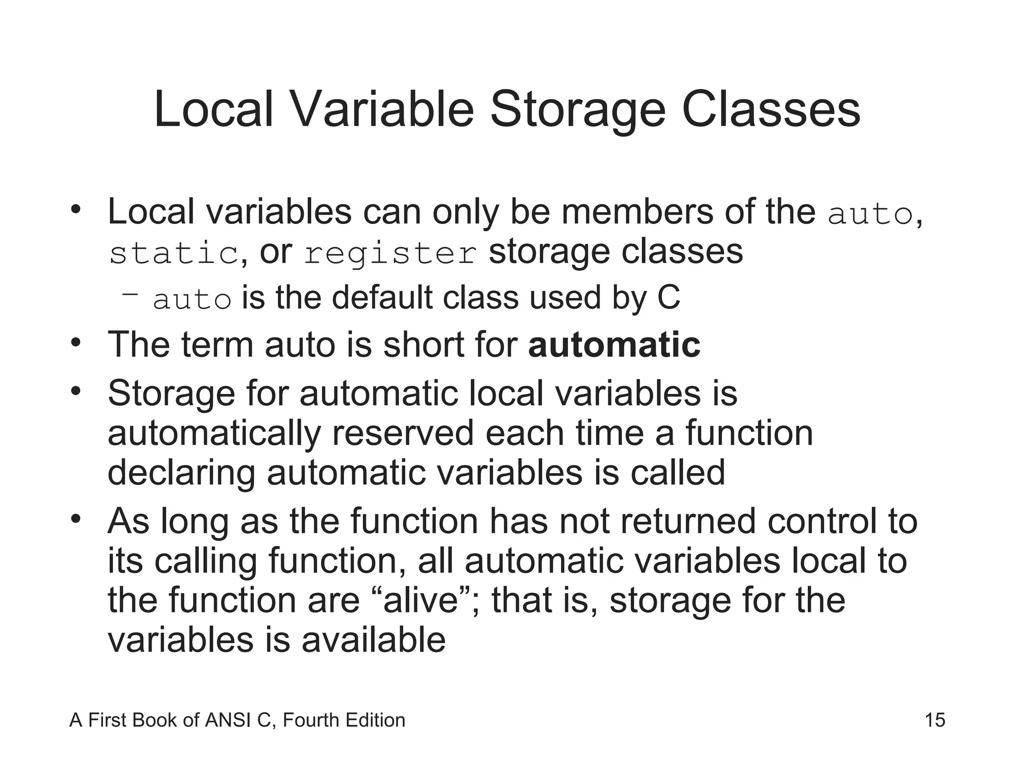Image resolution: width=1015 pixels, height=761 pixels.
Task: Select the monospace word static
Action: click(x=174, y=253)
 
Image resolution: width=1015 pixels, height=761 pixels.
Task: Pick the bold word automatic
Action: click(x=615, y=345)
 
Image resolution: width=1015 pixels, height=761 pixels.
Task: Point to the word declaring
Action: click(x=181, y=473)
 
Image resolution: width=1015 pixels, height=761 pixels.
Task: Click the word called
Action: click(x=677, y=472)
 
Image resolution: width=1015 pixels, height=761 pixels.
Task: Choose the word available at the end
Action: click(x=374, y=640)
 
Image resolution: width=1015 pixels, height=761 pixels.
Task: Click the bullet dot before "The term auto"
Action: click(x=75, y=342)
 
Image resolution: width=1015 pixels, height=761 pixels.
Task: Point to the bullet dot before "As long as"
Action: click(x=75, y=519)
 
